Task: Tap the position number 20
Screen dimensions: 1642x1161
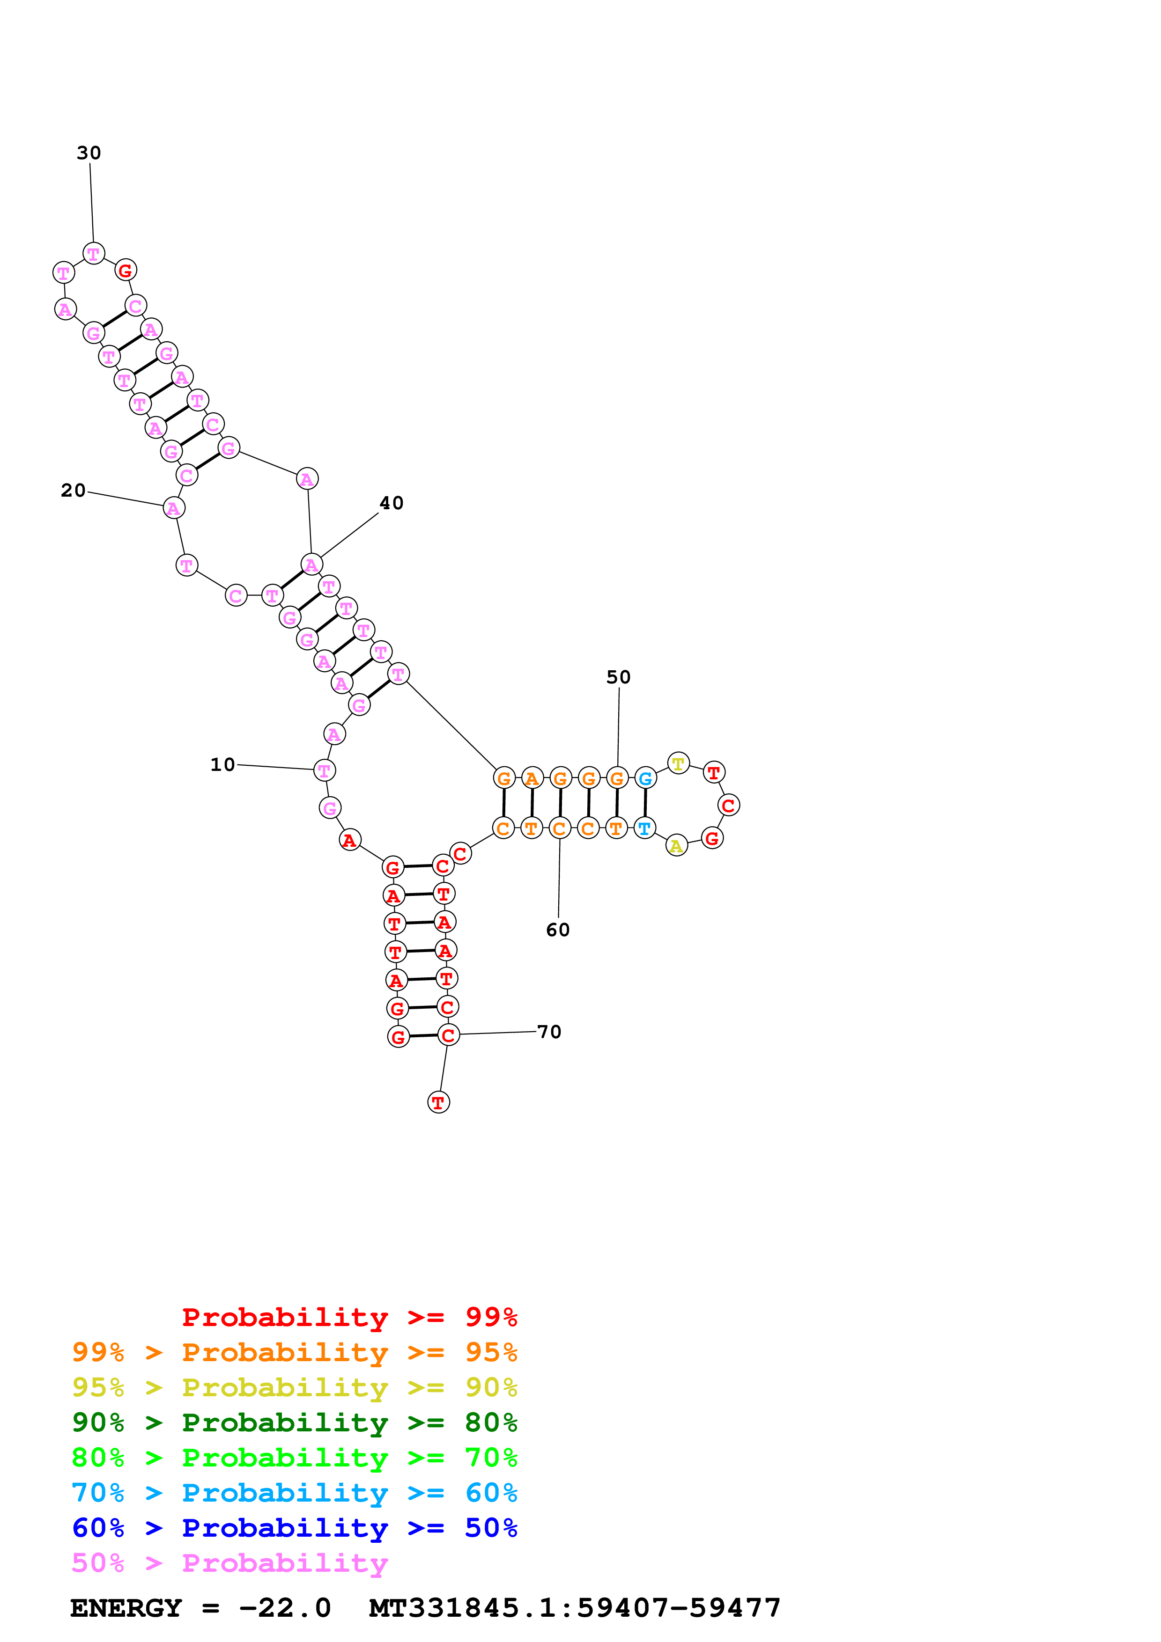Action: tap(73, 491)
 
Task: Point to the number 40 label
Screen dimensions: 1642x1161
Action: tap(391, 504)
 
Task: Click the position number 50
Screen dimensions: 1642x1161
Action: tap(619, 677)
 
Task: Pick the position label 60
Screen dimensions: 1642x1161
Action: tap(558, 930)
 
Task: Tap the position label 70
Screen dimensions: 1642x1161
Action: tap(549, 1032)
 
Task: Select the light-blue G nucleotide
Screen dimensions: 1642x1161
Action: tap(645, 778)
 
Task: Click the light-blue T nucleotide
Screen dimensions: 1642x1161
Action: tap(644, 828)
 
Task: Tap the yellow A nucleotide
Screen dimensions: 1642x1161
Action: tap(676, 846)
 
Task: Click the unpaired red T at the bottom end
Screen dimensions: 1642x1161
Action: tap(438, 1102)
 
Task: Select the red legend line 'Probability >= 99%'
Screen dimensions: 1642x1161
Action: tap(349, 1317)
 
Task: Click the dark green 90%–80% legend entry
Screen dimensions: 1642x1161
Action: tap(294, 1422)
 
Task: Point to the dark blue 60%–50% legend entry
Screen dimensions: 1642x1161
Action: tap(294, 1528)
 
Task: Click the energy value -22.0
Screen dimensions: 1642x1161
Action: tap(285, 1608)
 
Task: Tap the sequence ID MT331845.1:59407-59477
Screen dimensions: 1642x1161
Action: tap(575, 1608)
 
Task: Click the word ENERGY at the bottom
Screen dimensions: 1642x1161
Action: tap(126, 1608)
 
